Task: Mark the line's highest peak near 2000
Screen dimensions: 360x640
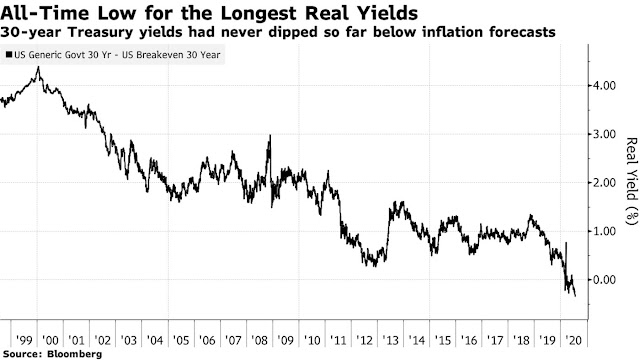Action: [x=38, y=68]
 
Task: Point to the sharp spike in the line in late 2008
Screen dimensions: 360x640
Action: [x=269, y=136]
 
